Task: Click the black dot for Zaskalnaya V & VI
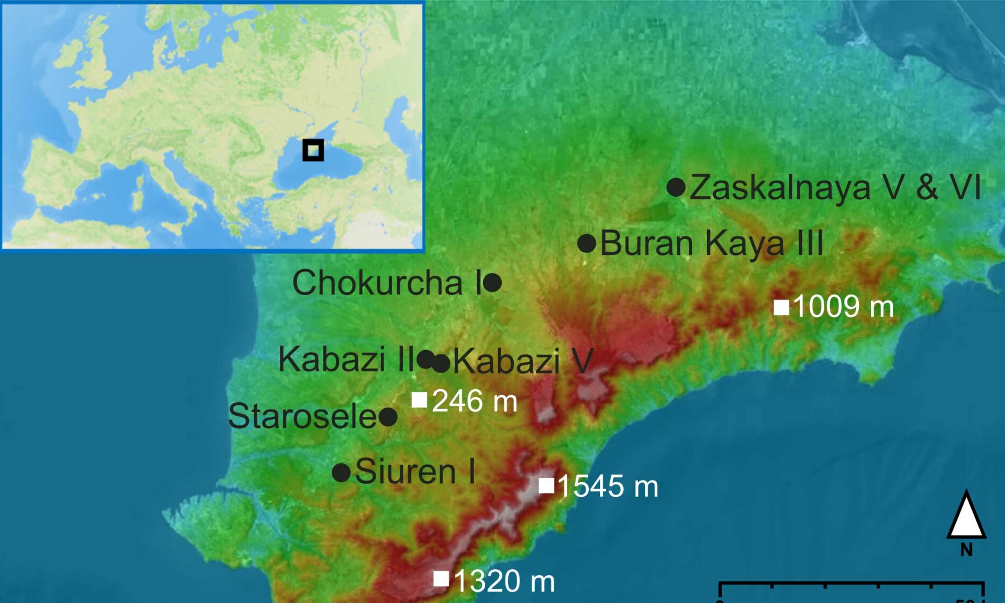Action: coord(676,187)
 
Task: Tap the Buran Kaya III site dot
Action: coord(587,243)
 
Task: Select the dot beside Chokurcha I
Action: coord(493,282)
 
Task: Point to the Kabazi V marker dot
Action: coord(441,363)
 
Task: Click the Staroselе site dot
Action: coord(388,417)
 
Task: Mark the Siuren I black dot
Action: coord(341,473)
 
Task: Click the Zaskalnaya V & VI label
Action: coord(835,187)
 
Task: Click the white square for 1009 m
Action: coord(781,307)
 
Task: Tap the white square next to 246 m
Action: coord(419,400)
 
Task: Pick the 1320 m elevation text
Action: coord(504,581)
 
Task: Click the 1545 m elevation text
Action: coord(608,486)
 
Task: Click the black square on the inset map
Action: coord(313,150)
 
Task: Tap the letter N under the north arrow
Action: coord(966,550)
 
